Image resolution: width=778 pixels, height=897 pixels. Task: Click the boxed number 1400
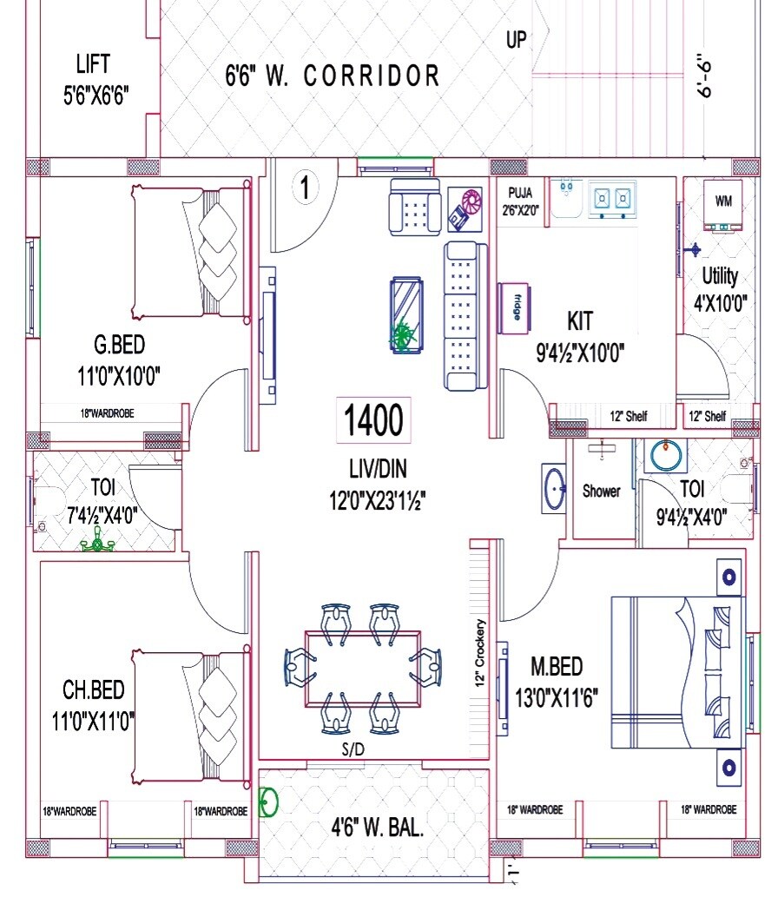(373, 421)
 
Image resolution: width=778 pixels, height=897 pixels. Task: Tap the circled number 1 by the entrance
(305, 187)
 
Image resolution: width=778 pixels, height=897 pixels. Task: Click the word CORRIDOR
(372, 76)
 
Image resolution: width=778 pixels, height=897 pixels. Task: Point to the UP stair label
(516, 40)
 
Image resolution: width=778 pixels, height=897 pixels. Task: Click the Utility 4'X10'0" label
(720, 289)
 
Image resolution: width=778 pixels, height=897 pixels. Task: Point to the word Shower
(601, 491)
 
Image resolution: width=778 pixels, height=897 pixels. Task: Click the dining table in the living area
(362, 668)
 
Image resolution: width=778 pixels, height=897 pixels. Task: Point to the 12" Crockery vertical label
(479, 653)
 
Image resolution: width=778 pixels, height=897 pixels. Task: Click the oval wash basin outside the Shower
(555, 490)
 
